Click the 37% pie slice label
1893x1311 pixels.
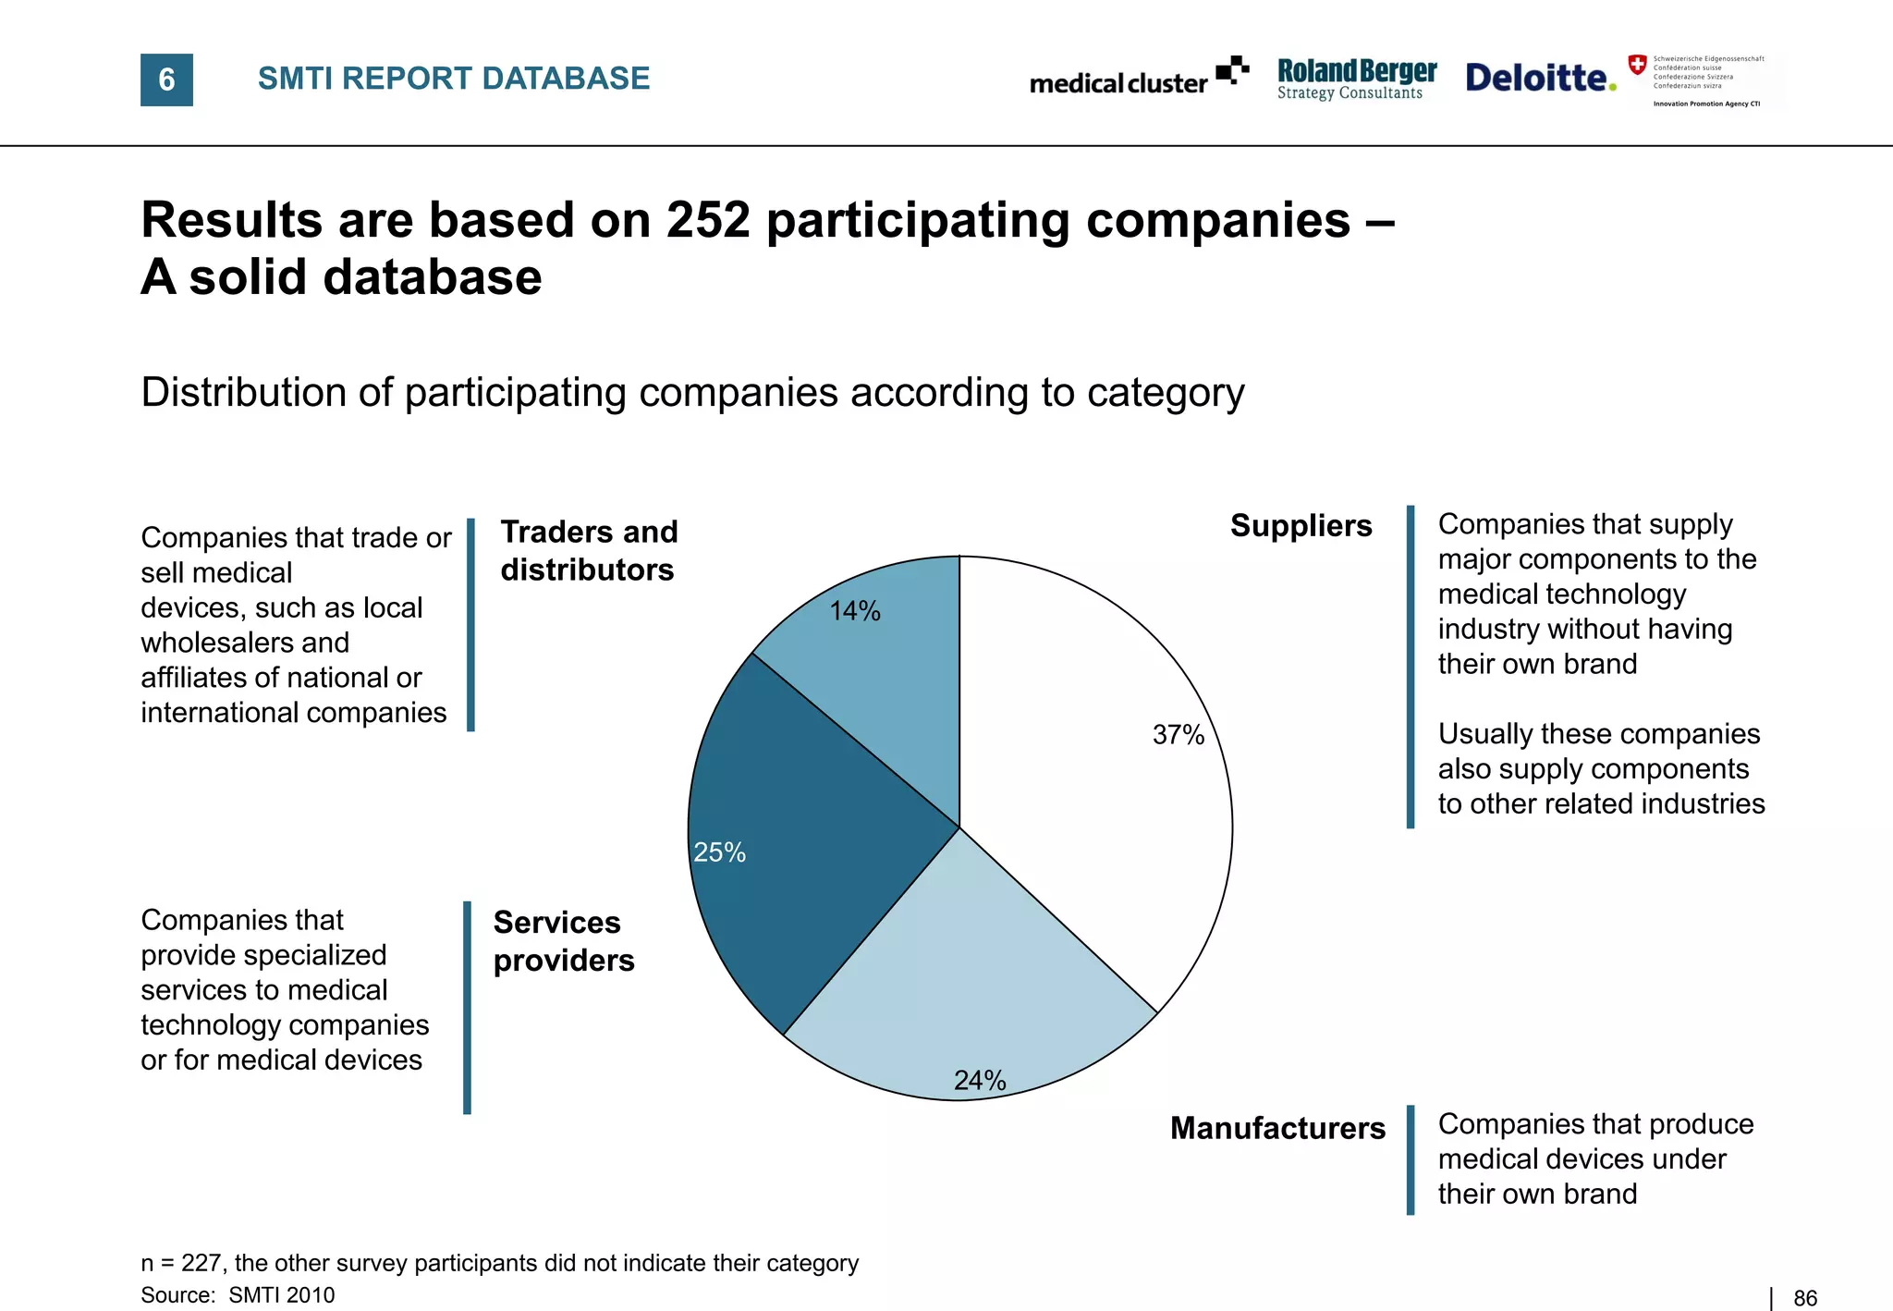1178,735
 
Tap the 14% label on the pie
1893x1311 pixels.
854,611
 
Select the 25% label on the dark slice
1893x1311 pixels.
719,852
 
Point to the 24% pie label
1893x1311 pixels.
980,1080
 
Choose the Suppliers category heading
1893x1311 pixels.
1301,526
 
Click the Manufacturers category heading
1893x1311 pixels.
1277,1128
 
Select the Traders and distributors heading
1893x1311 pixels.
589,551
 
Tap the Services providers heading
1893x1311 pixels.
564,941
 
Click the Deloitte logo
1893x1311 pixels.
1540,78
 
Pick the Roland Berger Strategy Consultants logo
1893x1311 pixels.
1356,80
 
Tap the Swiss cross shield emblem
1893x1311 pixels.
1637,65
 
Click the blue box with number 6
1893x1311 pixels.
166,80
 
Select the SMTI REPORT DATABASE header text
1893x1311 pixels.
453,79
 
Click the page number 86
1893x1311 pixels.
1804,1298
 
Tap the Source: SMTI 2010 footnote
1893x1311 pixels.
238,1295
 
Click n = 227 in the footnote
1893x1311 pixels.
182,1263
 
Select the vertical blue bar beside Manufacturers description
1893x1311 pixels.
1411,1159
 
